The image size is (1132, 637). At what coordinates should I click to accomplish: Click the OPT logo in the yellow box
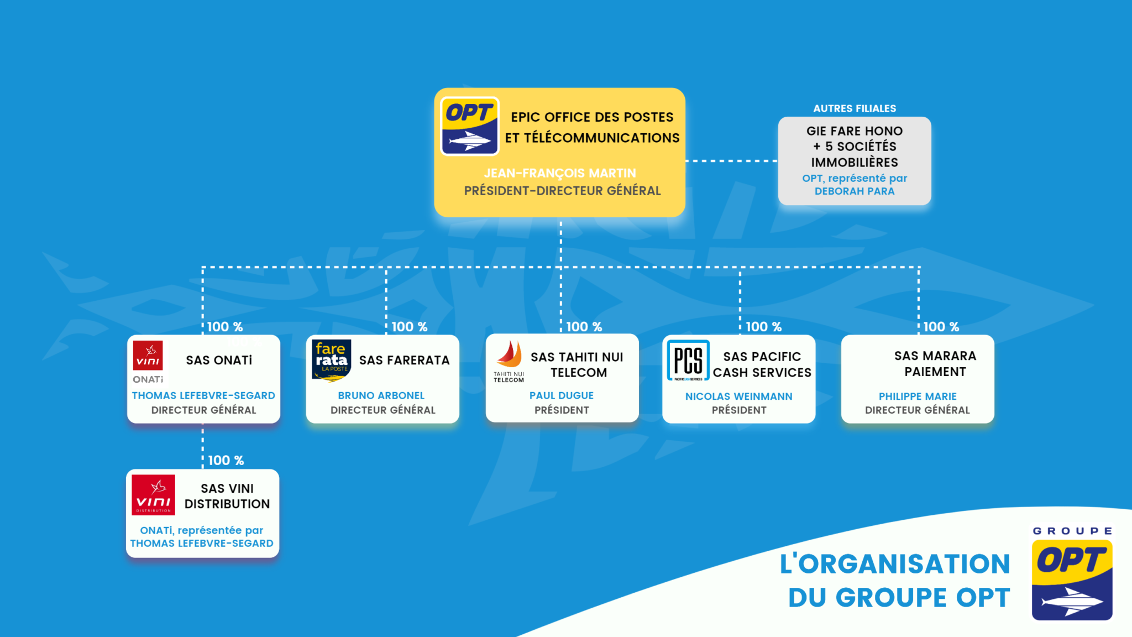click(469, 126)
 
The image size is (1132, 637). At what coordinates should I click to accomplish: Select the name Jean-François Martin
click(560, 173)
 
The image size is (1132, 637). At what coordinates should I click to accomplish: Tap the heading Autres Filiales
click(855, 108)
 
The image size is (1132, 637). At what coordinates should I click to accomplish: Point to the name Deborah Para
click(855, 191)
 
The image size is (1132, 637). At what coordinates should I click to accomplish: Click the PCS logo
click(688, 361)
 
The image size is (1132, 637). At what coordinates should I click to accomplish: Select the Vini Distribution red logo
click(153, 494)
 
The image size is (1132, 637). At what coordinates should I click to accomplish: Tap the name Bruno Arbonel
click(381, 396)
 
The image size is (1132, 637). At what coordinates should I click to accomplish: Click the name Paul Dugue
click(562, 396)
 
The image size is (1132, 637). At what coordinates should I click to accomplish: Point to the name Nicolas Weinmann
click(739, 396)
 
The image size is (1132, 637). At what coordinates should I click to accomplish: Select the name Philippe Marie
click(918, 396)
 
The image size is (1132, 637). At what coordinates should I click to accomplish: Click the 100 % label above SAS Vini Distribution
click(226, 461)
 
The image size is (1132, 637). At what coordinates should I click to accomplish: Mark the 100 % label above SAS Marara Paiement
click(941, 327)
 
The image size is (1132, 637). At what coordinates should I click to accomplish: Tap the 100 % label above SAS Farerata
click(410, 327)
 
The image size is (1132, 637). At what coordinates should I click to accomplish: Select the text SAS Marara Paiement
click(935, 364)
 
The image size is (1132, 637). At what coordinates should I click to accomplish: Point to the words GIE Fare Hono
click(855, 131)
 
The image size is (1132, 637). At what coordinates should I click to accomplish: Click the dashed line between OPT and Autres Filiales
click(731, 161)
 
